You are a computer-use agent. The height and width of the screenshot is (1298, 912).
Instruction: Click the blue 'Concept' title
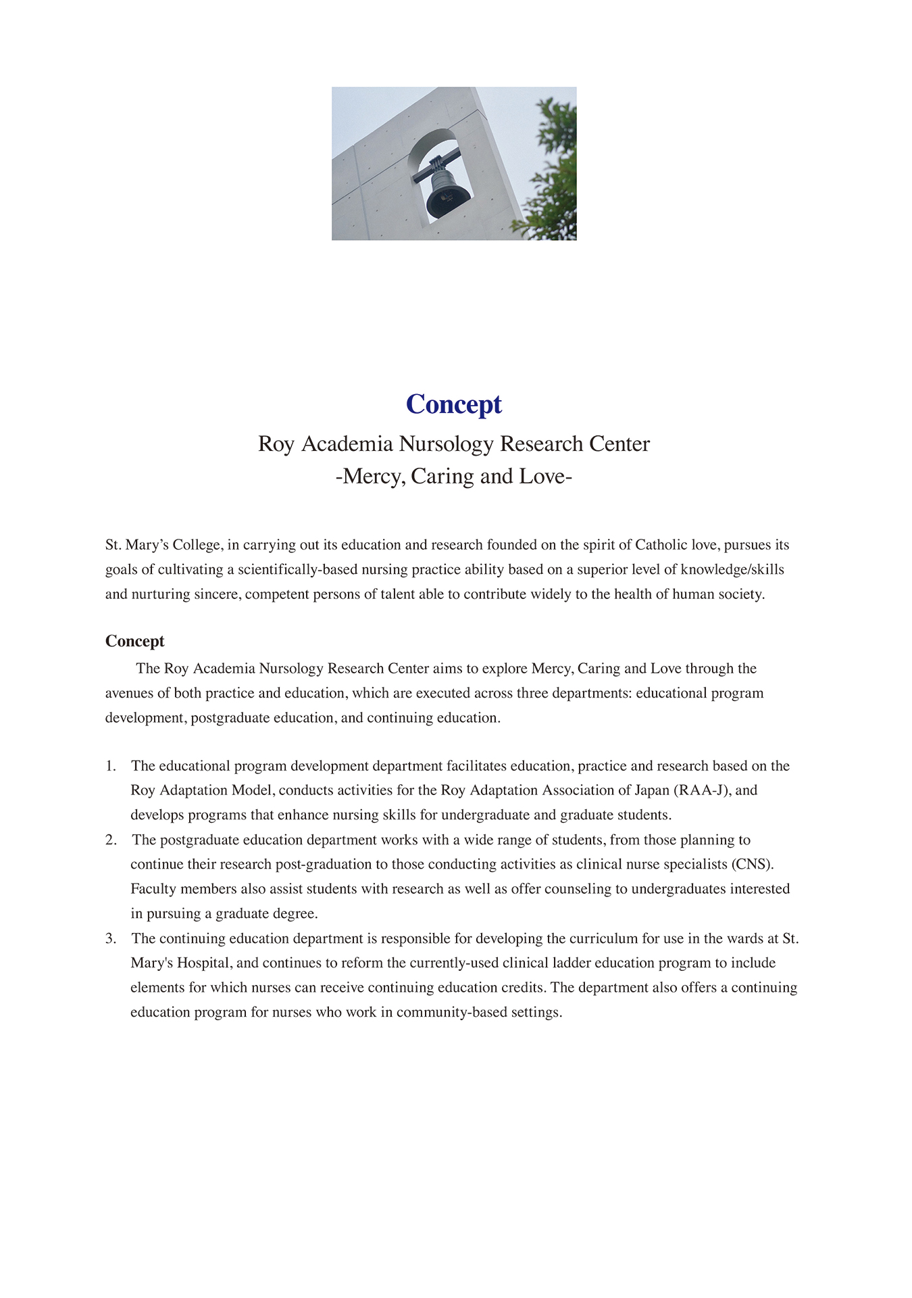coord(454,404)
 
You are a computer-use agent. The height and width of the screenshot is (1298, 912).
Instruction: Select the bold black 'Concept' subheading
coord(134,641)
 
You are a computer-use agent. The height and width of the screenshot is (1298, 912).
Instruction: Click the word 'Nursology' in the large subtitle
coord(446,443)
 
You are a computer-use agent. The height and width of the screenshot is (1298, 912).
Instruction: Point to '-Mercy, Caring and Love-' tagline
coord(454,477)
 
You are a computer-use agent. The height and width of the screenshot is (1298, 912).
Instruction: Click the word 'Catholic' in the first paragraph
coord(661,545)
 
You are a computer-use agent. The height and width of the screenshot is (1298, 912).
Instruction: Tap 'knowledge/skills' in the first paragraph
coord(732,569)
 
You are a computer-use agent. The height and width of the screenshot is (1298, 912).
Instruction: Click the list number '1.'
coord(111,766)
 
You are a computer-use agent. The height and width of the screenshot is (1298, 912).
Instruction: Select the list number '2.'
coord(111,840)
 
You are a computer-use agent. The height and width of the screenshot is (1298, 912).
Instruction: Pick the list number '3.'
coord(111,938)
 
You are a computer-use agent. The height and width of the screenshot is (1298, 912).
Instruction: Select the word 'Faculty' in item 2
coord(153,889)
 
